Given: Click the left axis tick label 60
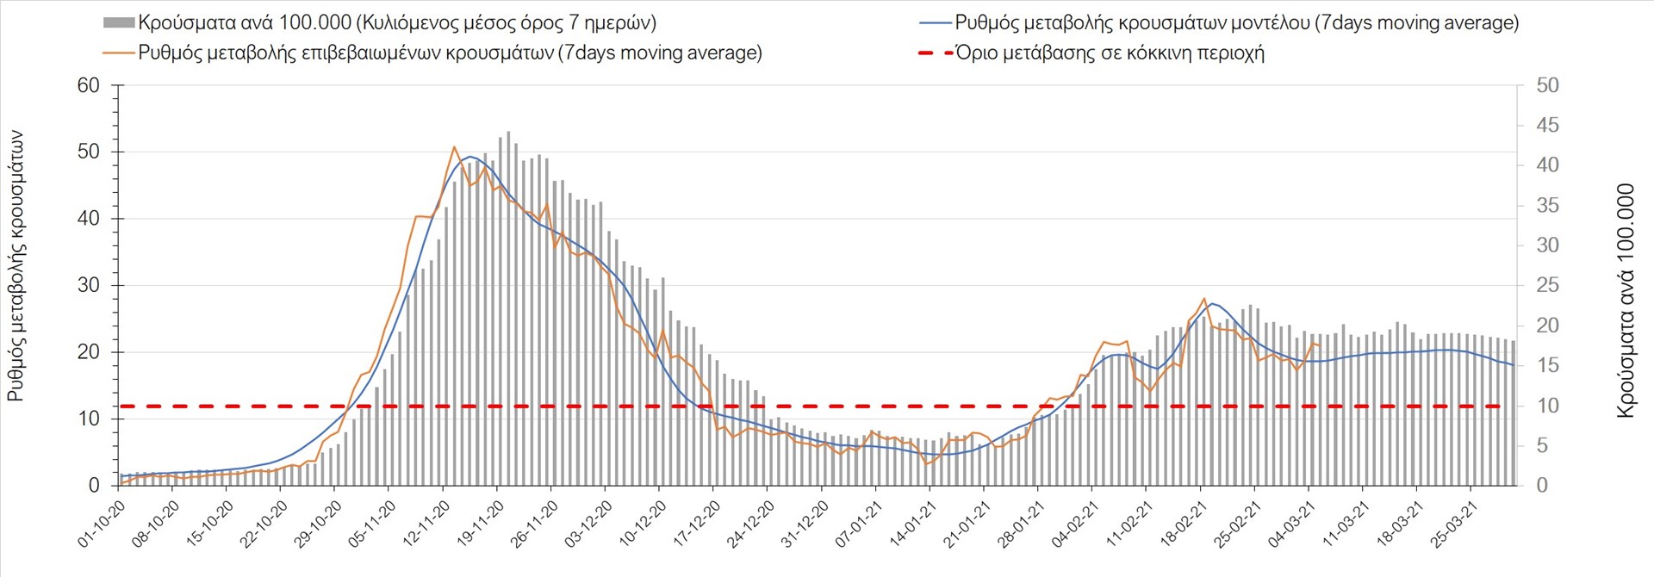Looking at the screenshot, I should (x=89, y=85).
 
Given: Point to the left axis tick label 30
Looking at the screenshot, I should (x=89, y=285).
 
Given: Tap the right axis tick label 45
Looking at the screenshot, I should (x=1547, y=126).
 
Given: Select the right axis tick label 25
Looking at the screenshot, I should (x=1547, y=286).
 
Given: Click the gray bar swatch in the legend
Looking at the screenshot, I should (x=118, y=23).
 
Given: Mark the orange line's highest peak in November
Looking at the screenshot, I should (x=454, y=147).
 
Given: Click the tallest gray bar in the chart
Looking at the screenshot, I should (x=508, y=132).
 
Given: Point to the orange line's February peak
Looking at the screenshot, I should (x=1204, y=298).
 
